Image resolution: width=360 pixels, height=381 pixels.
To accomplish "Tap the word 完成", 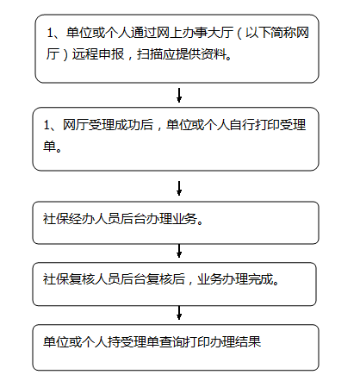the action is coord(261,279).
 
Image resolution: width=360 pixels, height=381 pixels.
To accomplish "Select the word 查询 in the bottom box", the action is coord(171,341).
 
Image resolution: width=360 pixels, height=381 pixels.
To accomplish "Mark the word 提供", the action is coord(189,54).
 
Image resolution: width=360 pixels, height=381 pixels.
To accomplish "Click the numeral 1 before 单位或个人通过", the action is coord(50,33).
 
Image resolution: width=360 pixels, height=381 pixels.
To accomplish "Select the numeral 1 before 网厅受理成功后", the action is coord(47,125).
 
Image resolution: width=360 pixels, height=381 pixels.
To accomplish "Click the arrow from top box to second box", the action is coord(179,95).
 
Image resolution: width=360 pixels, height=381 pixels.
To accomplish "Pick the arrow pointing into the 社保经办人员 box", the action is coord(179,188).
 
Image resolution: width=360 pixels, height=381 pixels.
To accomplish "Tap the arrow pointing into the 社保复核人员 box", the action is coord(179,251).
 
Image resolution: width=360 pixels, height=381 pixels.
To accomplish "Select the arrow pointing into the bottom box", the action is coord(179,313).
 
